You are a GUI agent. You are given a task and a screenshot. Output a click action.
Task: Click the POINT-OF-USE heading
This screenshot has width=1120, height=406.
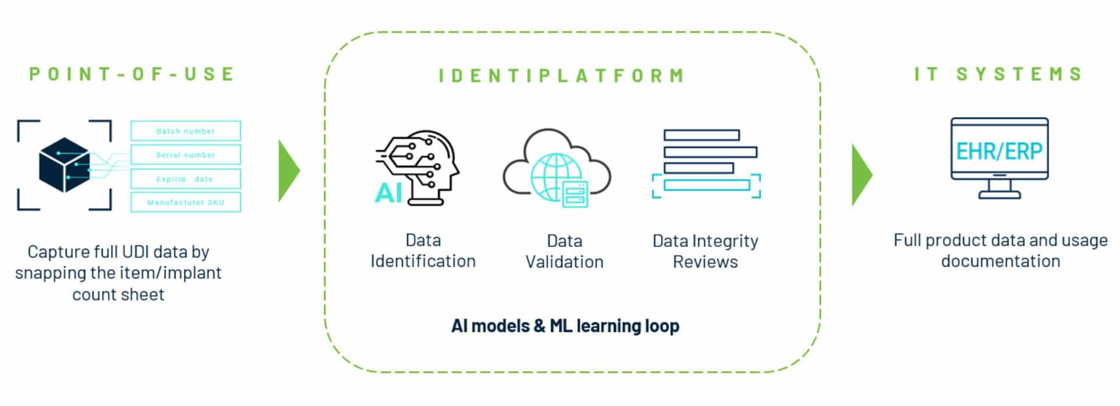click(132, 74)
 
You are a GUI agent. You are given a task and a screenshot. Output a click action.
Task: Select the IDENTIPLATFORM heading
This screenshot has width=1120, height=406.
click(562, 76)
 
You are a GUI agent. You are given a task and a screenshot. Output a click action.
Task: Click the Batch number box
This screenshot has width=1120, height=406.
click(185, 131)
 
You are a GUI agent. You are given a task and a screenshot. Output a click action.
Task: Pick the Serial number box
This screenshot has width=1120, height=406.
click(185, 155)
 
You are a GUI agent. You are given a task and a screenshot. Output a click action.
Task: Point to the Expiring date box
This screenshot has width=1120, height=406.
click(185, 179)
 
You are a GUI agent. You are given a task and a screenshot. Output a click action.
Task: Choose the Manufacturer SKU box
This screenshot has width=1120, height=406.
click(185, 202)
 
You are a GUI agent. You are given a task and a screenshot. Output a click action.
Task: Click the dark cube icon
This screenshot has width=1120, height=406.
click(64, 165)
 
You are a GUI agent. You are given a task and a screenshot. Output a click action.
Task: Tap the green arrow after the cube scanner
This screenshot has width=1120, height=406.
click(288, 171)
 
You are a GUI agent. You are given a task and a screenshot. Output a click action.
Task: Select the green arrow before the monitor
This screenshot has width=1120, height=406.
click(861, 175)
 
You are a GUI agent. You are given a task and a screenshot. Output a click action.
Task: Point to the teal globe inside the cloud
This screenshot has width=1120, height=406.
click(555, 175)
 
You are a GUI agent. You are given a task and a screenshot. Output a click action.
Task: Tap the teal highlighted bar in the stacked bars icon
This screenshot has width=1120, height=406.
click(706, 185)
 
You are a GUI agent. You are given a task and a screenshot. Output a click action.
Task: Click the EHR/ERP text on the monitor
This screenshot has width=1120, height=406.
click(999, 151)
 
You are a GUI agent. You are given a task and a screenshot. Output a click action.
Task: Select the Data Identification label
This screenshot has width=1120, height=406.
click(423, 250)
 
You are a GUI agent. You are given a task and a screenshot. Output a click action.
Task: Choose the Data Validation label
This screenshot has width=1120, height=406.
click(564, 251)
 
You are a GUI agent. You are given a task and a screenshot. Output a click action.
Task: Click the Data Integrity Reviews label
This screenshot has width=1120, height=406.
click(705, 251)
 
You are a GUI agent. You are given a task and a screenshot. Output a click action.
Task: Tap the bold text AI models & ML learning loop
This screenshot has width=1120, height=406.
click(565, 326)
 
